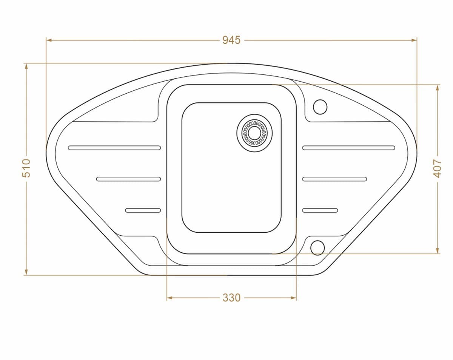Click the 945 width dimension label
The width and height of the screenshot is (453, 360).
click(231, 40)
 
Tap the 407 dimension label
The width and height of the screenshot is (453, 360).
click(437, 168)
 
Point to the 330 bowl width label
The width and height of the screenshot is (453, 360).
click(231, 298)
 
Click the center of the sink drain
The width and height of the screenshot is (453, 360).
click(254, 133)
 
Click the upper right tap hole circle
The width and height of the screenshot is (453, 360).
click(320, 107)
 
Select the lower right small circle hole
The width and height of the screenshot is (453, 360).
click(317, 247)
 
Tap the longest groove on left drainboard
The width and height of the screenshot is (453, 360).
click(114, 148)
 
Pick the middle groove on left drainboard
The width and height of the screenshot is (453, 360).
click(128, 179)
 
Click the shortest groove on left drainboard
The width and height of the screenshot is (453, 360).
click(143, 210)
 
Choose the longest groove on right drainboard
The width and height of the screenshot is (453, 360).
click(348, 148)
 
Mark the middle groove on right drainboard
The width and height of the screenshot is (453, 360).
click(334, 179)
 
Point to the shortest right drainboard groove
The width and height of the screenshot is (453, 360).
click(320, 210)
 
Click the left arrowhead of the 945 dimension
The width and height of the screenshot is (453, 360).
click(49, 40)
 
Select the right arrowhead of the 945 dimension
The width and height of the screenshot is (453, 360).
click(414, 40)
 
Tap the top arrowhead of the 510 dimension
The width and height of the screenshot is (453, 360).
click(26, 66)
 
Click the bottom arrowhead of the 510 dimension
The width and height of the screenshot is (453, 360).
click(26, 272)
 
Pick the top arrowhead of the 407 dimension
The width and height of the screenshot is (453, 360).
click(437, 87)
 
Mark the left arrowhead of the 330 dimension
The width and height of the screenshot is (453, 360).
click(169, 298)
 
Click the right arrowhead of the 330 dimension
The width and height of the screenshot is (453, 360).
click(294, 298)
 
